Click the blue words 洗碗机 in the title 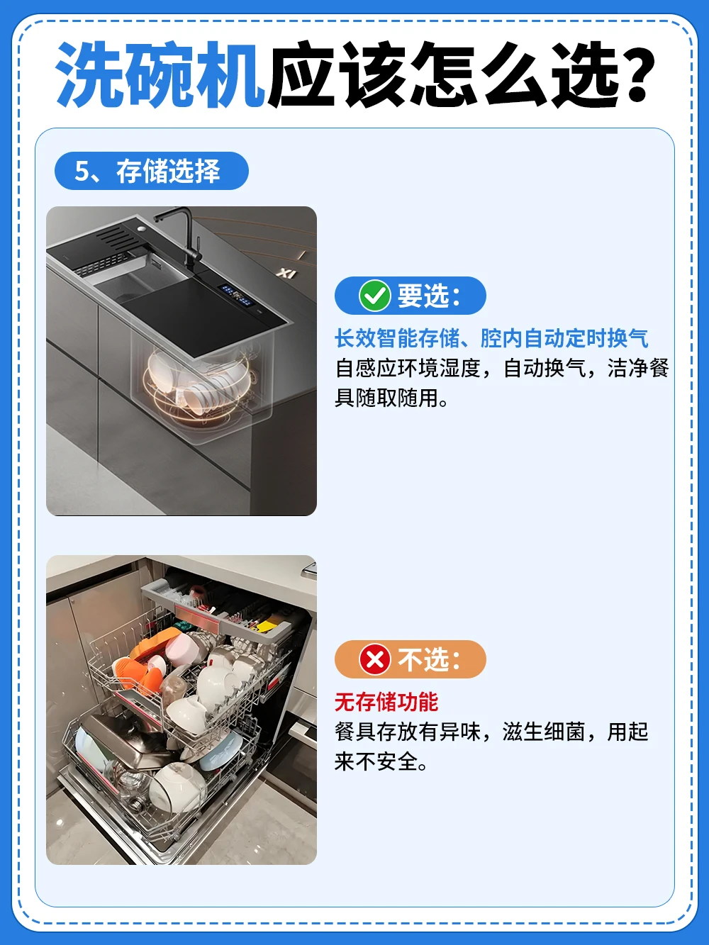(x=160, y=74)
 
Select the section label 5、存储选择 (x=147, y=171)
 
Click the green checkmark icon (x=374, y=296)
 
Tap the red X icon (x=374, y=659)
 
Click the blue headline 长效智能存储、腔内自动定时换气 (x=491, y=338)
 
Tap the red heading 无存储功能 (x=386, y=702)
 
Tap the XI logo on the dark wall (x=286, y=272)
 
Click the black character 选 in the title (x=583, y=74)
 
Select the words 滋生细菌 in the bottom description (x=544, y=732)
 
